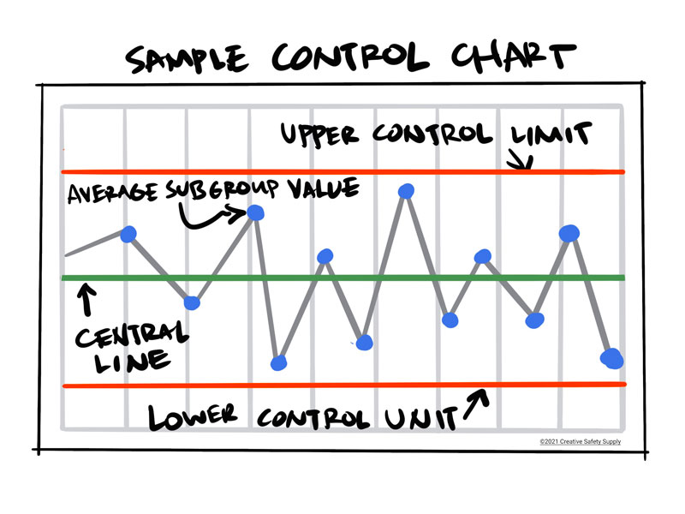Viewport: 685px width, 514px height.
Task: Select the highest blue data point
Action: pos(407,191)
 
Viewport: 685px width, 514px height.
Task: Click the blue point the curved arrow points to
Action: pos(256,213)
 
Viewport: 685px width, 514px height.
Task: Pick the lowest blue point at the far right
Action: pos(612,358)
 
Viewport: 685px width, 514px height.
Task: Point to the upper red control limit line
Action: pos(342,172)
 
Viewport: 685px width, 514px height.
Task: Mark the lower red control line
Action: pos(342,385)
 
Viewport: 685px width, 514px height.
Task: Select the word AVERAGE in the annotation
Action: pos(108,194)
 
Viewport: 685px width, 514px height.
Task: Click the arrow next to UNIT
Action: pos(476,403)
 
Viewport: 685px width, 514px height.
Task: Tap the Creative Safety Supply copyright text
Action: pos(580,442)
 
